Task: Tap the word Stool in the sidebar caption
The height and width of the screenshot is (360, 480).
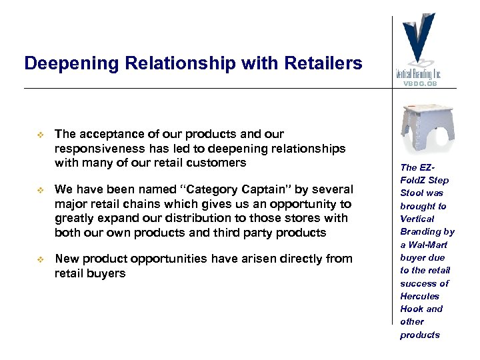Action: coord(411,193)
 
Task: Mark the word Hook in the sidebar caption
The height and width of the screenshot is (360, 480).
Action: coord(411,309)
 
